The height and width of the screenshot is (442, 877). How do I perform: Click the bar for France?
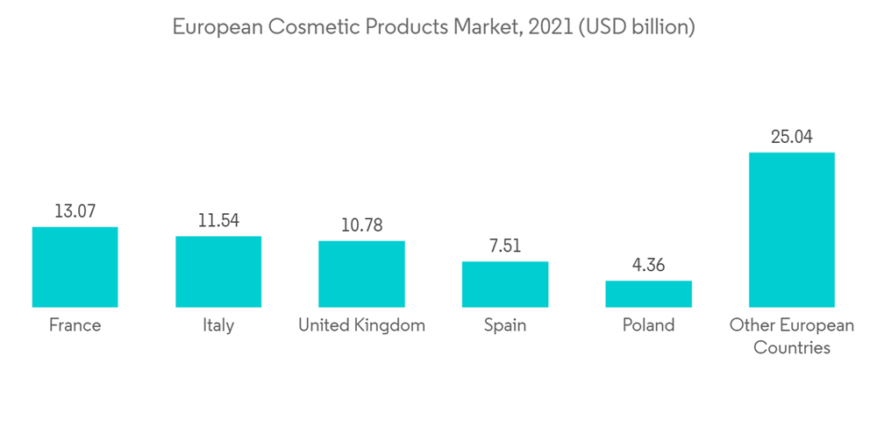tap(75, 267)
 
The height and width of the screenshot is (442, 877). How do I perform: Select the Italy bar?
tap(218, 271)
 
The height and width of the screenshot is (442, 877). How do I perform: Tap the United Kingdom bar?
tap(361, 274)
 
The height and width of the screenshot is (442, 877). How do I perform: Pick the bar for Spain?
tap(505, 284)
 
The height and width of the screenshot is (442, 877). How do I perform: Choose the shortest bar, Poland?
tap(648, 294)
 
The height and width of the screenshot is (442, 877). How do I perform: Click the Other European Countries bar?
tap(791, 230)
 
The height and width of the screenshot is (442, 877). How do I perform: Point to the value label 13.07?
tap(75, 211)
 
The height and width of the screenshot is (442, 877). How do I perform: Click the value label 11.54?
tap(218, 221)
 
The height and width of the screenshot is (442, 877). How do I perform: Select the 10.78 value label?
tap(361, 225)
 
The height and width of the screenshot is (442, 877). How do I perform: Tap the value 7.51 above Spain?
tap(505, 246)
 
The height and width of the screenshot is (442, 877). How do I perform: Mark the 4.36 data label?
tap(648, 265)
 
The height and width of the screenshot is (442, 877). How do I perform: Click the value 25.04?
tap(791, 137)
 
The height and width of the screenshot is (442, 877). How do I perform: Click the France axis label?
tap(75, 325)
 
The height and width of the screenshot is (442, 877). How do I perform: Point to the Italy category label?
tap(218, 325)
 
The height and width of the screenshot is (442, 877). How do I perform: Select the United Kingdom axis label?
tap(361, 325)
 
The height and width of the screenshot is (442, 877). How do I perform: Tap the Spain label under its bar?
tap(505, 325)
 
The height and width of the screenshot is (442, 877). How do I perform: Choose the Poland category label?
tap(648, 325)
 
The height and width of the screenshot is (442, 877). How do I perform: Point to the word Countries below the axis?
tap(791, 347)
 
